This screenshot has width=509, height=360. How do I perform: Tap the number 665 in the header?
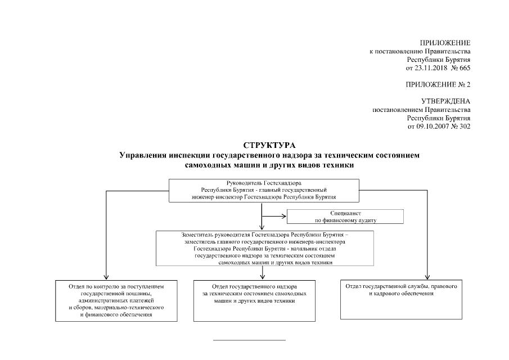coord(465,68)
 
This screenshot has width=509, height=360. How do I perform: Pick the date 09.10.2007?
coord(433,127)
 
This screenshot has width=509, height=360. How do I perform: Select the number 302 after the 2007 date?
coord(465,127)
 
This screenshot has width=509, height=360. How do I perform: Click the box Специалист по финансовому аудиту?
coord(345,217)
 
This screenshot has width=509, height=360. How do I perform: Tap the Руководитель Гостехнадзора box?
coord(264,190)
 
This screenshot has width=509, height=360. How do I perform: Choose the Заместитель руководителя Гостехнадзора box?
coord(265,247)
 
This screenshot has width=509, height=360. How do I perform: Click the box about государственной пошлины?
coord(116,300)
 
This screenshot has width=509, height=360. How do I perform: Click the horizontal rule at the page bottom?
coord(250,340)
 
